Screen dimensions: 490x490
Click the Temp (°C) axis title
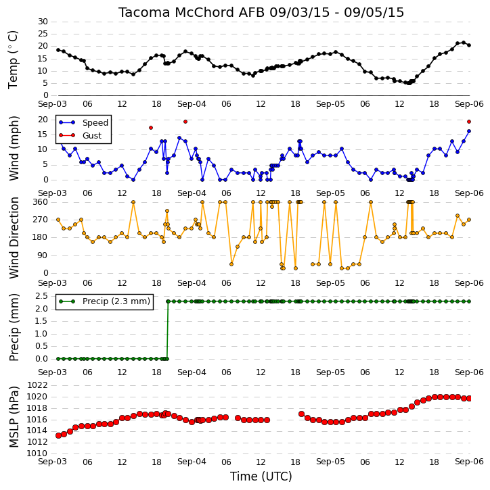point(13,59)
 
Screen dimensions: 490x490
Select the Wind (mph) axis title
point(14,149)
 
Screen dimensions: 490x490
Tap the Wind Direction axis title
point(14,238)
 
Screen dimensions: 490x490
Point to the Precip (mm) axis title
point(14,328)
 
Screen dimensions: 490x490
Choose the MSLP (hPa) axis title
point(14,417)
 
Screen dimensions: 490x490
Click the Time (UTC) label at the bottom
point(261,476)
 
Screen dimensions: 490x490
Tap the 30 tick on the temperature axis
point(43,22)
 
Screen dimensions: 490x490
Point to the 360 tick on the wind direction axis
point(41,202)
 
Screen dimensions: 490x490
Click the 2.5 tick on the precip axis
point(41,295)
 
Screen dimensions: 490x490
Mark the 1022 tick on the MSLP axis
point(37,385)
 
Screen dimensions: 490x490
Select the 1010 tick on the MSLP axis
point(37,453)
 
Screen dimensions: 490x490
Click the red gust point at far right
point(469,122)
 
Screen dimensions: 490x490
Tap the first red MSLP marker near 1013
point(58,435)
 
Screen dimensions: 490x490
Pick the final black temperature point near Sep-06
point(469,45)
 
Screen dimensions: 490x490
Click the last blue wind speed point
point(469,131)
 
